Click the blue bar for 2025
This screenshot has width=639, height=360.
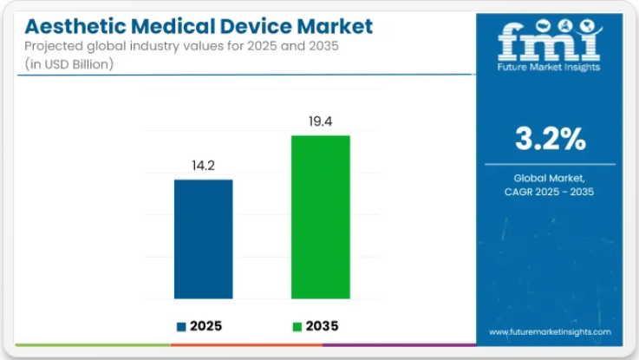point(204,239)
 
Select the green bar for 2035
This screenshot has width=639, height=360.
point(320,217)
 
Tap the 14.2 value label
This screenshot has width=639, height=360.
point(204,165)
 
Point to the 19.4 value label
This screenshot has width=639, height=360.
point(320,121)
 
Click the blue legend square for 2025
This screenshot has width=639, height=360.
point(181,327)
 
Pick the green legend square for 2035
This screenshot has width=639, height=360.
point(297,327)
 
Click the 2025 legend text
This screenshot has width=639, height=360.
point(205,327)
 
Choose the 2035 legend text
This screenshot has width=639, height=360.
point(322,327)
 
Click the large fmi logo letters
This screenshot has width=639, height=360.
point(549,39)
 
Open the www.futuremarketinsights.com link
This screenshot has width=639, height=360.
point(550,331)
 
